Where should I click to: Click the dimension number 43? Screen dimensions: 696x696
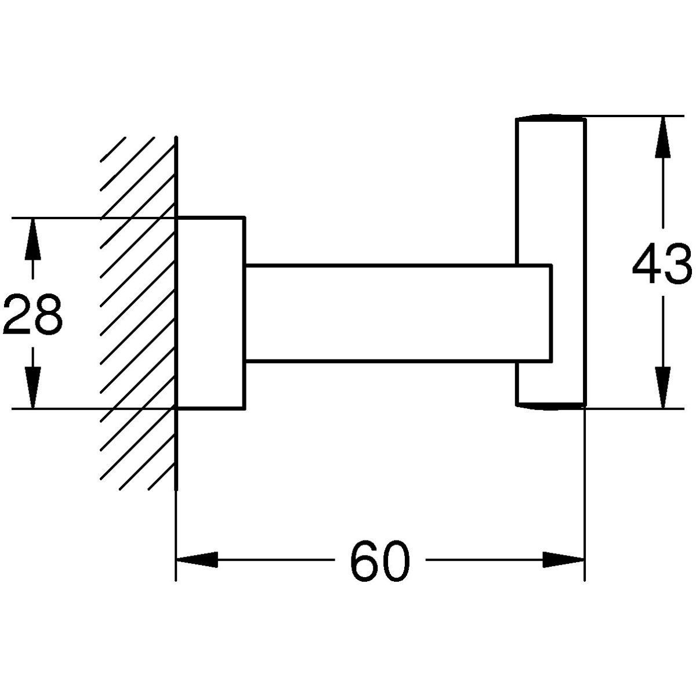pos(662,265)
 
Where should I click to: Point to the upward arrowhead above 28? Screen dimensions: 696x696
pos(33,238)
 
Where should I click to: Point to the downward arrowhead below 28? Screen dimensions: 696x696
pos(33,389)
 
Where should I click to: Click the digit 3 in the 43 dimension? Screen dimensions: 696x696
pos(677,265)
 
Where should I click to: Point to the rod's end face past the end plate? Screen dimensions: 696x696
pos(550,314)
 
